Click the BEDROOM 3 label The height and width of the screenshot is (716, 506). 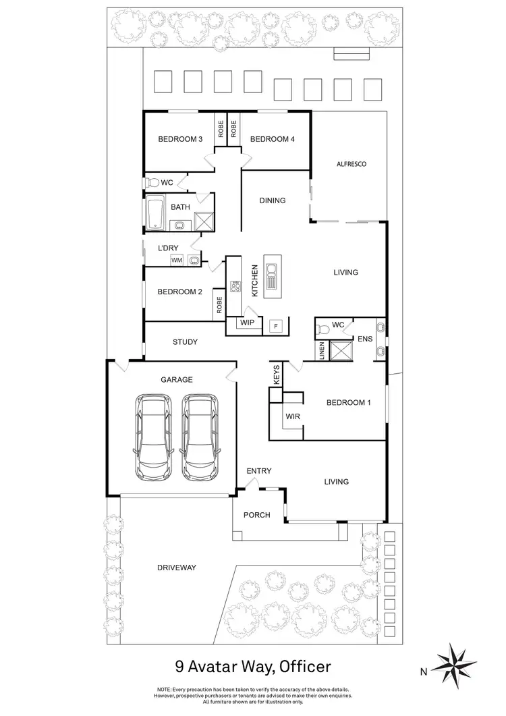[180, 140]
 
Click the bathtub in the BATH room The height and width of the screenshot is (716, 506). [154, 211]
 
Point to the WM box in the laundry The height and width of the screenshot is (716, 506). [177, 260]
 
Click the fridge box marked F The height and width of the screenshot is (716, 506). [275, 326]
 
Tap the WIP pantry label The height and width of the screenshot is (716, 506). [248, 323]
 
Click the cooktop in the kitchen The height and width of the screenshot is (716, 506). [236, 286]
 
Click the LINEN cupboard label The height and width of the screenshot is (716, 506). [321, 351]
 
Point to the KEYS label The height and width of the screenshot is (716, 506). [277, 376]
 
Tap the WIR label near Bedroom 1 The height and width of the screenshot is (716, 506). [293, 417]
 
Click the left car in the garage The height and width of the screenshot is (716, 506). [154, 437]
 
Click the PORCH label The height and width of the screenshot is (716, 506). [257, 515]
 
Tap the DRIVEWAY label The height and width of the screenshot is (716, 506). [176, 568]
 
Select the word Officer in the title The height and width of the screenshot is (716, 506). [301, 667]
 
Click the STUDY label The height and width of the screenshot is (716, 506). [185, 342]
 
